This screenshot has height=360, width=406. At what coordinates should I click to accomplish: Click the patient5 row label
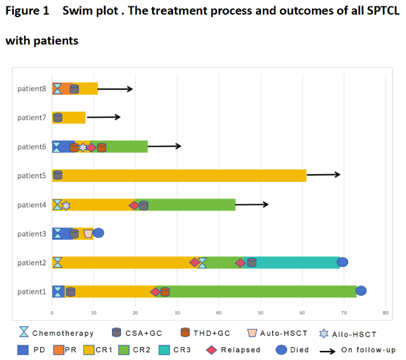point(32,176)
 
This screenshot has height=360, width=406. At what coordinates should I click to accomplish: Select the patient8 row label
point(32,88)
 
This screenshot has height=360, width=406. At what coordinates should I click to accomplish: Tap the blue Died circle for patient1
point(361,291)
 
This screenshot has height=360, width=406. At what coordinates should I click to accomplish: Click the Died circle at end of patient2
point(342,262)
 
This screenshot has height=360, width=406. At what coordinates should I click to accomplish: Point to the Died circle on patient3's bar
point(98,233)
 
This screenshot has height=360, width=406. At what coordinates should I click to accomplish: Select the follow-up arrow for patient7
point(103,117)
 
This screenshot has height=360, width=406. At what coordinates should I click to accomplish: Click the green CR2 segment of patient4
point(191,204)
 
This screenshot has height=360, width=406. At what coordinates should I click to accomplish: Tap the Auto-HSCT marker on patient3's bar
point(88,233)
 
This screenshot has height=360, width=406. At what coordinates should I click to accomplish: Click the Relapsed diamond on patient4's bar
point(134,205)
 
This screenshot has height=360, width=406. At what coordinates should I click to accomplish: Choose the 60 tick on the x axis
point(302,313)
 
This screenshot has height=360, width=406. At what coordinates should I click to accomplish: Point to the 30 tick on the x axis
point(177,313)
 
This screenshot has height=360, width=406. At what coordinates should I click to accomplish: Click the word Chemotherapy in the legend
point(63,333)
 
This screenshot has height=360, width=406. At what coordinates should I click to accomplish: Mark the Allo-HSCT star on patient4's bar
point(66,205)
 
